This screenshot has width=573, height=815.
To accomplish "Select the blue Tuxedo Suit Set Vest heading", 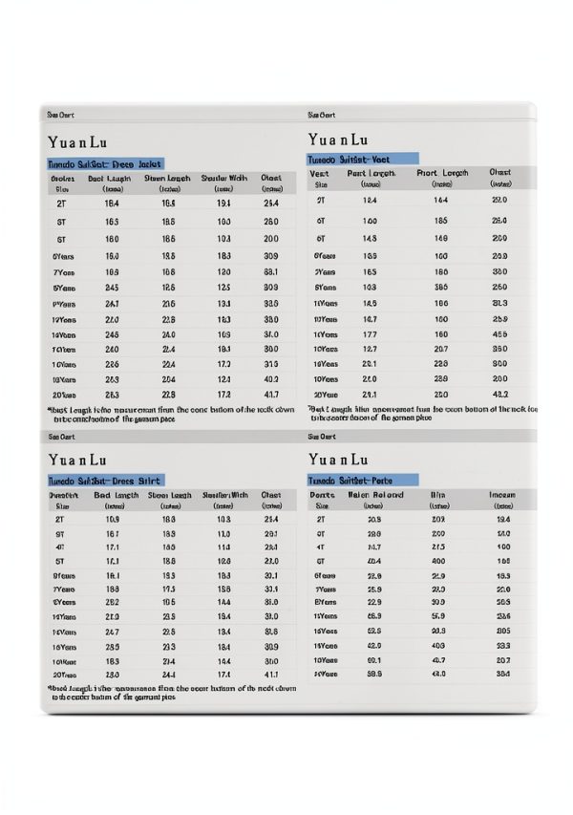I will (x=362, y=159).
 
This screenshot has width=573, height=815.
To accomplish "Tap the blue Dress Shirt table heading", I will (x=106, y=480).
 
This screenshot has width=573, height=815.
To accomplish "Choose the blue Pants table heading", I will (x=362, y=480).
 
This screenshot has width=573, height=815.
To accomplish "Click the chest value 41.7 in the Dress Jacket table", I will (x=270, y=395).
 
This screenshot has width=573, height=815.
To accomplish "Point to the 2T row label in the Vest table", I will (x=321, y=201).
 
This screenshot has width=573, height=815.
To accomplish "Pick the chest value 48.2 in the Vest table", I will (x=499, y=394).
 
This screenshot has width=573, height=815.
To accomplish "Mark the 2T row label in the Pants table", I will (x=321, y=518).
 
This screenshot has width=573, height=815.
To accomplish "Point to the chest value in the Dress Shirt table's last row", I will (x=270, y=675).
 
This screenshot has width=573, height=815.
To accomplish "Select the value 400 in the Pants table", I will (x=438, y=561).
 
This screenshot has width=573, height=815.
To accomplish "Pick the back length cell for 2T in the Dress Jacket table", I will (x=112, y=204).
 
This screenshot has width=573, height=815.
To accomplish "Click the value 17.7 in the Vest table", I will (x=371, y=334).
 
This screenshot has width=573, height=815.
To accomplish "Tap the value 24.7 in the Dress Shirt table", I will (x=112, y=633).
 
